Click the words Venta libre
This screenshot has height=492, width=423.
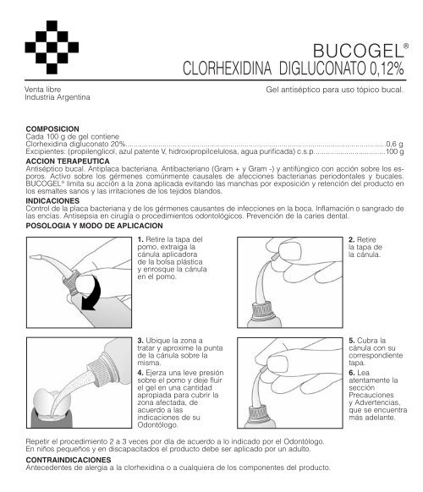click(x=42, y=87)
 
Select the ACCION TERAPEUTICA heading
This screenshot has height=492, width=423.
click(x=67, y=159)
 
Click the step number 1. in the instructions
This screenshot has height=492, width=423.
click(x=140, y=240)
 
